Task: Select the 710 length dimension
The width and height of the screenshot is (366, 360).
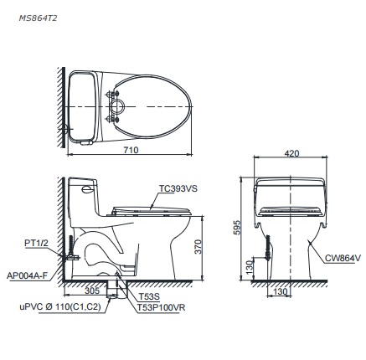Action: [130, 149]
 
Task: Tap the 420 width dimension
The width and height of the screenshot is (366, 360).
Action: [291, 154]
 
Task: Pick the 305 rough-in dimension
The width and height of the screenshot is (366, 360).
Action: [91, 291]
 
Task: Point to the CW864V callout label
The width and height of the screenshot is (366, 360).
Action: [344, 260]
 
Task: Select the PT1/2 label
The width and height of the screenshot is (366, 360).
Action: [36, 242]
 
